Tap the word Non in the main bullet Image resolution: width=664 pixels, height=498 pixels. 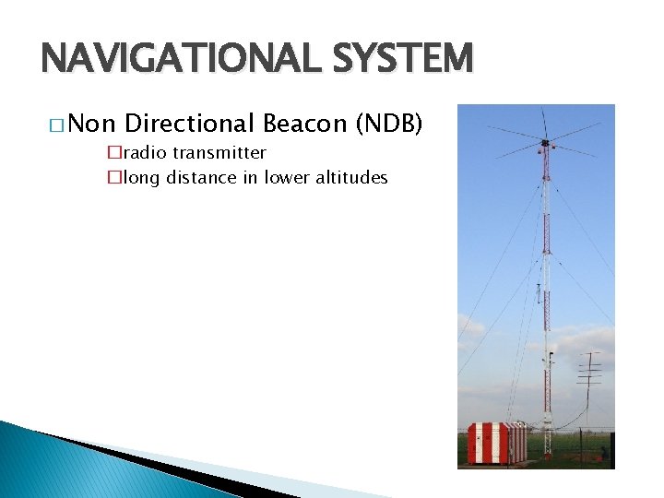tap(90, 124)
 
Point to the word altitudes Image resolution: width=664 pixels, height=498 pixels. tap(352, 178)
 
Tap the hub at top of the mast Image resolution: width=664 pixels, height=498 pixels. tap(545, 143)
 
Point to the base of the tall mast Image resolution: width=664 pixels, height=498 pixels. tap(547, 443)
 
